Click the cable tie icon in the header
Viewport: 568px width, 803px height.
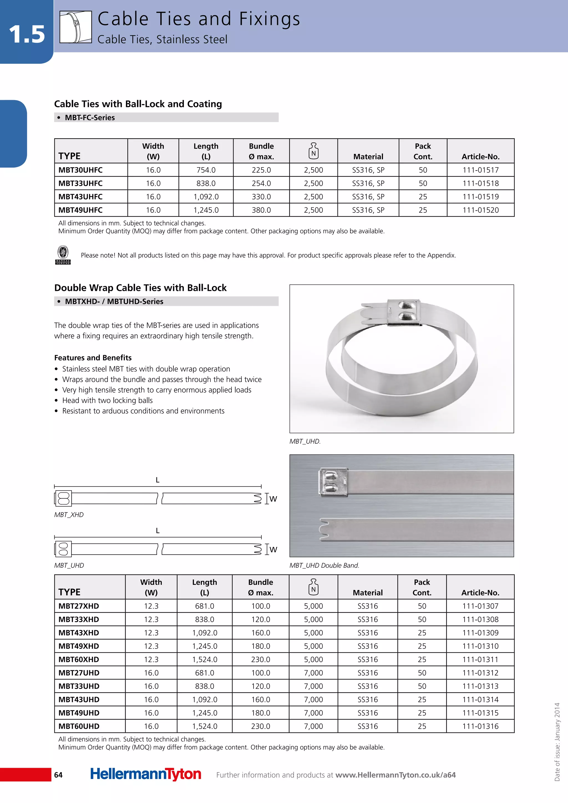point(75,27)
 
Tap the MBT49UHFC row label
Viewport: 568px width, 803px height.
point(80,210)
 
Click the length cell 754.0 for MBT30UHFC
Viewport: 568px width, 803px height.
point(206,170)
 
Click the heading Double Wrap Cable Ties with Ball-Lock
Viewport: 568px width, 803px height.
point(140,288)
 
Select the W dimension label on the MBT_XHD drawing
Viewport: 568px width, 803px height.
point(273,499)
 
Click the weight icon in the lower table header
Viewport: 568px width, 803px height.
point(313,587)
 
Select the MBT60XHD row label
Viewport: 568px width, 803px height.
point(79,660)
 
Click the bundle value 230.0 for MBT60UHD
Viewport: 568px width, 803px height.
point(261,726)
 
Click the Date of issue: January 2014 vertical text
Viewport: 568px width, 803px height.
point(557,741)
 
